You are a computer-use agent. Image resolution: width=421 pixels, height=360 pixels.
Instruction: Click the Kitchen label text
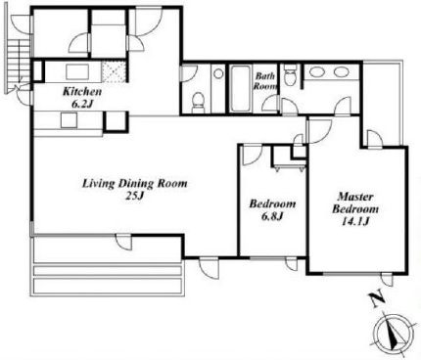82,92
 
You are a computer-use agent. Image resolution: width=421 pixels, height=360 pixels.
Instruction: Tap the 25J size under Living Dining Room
134,196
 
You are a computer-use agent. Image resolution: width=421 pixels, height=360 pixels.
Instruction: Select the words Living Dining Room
134,184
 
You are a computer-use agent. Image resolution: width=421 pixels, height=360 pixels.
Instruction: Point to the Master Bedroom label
355,202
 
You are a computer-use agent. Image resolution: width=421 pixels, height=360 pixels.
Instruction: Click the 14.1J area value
355,221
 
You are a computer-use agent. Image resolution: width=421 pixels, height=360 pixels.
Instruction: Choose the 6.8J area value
271,216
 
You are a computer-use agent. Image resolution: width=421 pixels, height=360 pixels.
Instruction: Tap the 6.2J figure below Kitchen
82,104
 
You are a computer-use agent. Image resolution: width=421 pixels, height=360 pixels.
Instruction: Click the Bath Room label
265,81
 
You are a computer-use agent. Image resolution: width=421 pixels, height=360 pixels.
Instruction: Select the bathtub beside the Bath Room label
241,89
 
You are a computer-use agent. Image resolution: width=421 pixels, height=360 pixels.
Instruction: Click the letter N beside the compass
376,300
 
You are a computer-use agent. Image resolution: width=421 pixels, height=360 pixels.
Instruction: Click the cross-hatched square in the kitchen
114,72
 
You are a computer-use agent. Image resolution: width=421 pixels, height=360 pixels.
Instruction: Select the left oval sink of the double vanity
316,72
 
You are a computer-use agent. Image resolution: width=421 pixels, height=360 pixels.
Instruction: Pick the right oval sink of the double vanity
342,72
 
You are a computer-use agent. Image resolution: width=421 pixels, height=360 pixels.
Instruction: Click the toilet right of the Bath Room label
290,74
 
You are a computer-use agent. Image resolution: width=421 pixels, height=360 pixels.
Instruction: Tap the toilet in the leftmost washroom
198,102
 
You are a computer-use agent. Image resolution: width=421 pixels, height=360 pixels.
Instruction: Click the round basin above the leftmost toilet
218,73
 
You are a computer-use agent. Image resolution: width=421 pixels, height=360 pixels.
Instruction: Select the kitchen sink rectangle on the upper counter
77,71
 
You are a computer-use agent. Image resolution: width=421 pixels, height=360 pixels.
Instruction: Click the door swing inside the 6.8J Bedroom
251,156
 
